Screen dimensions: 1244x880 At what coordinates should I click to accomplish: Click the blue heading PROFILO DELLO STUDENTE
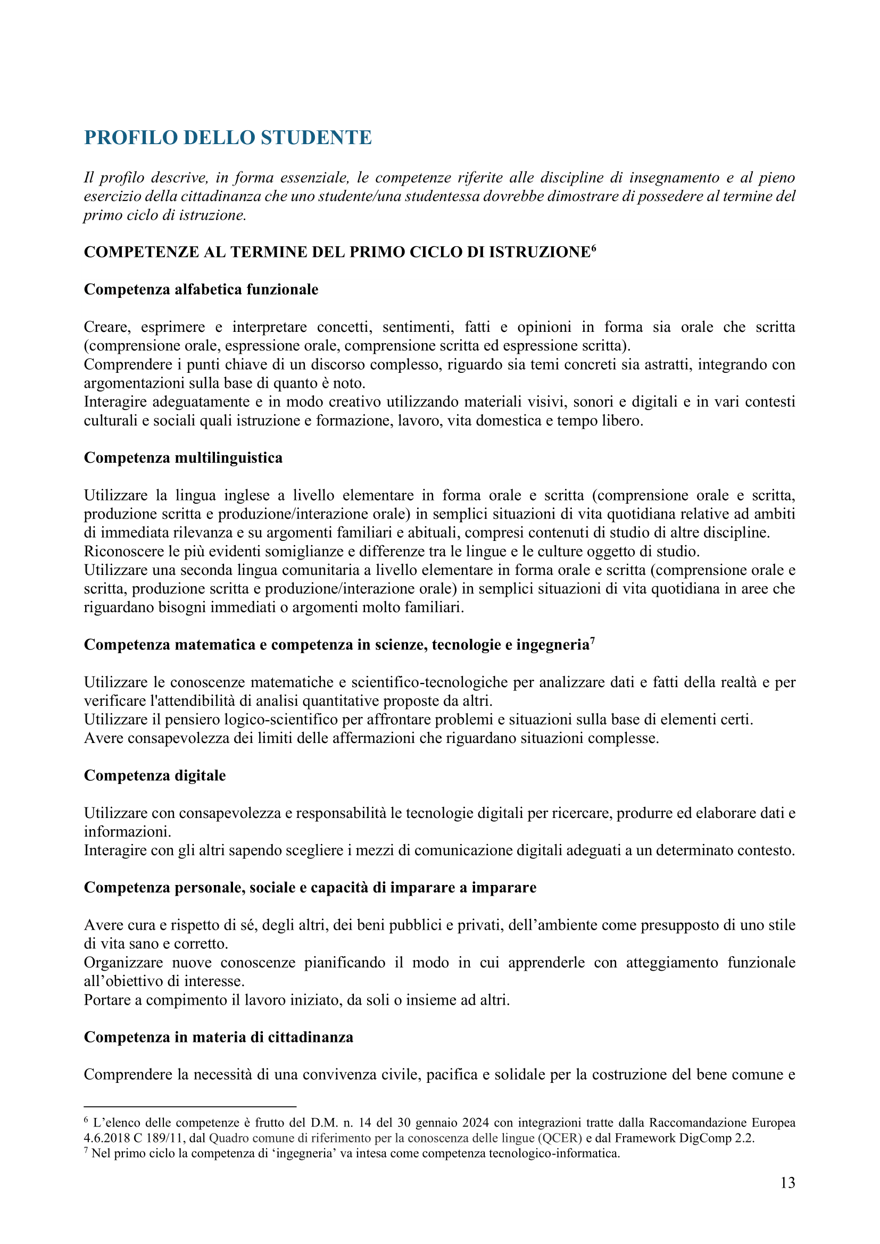pyautogui.click(x=228, y=138)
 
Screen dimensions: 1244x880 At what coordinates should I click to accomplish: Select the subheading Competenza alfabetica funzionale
pyautogui.click(x=201, y=289)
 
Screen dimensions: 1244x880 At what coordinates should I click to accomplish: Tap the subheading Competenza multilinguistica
pyautogui.click(x=183, y=458)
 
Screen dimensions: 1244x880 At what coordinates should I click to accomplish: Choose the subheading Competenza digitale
pyautogui.click(x=154, y=775)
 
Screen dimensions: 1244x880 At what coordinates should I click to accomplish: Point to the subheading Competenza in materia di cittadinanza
pyautogui.click(x=218, y=1037)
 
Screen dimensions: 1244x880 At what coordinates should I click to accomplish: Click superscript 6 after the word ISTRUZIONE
pyautogui.click(x=593, y=248)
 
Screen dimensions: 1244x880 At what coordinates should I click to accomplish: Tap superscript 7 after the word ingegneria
pyautogui.click(x=592, y=641)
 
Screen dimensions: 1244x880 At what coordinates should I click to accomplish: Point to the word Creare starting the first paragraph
pyautogui.click(x=108, y=327)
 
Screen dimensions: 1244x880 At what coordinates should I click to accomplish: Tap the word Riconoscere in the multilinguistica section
pyautogui.click(x=124, y=552)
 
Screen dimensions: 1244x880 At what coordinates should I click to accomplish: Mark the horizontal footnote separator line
pyautogui.click(x=189, y=1106)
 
